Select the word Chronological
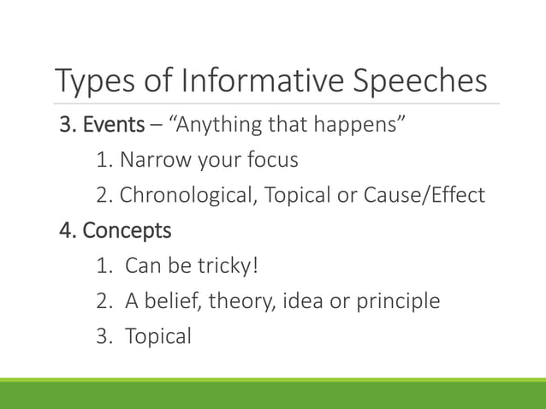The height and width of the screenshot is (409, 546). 187,196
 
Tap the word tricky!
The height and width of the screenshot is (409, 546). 226,266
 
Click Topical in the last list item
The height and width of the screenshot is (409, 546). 158,336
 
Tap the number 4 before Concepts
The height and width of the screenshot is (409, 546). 63,231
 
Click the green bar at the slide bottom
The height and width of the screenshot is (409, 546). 273,394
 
